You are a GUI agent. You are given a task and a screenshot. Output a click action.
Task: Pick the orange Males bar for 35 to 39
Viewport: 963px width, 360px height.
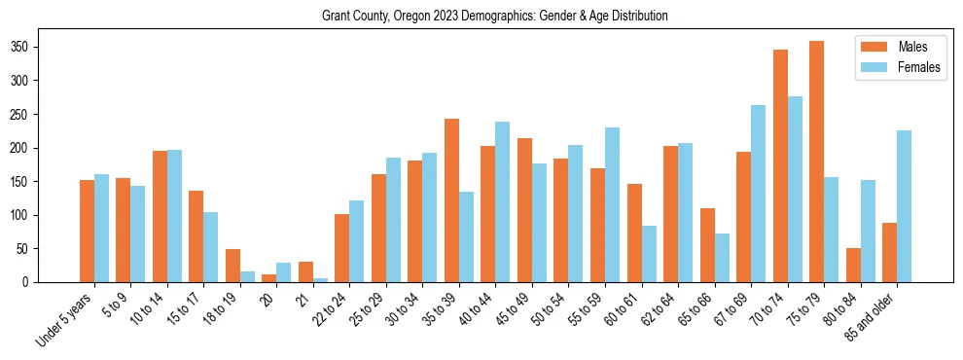point(451,200)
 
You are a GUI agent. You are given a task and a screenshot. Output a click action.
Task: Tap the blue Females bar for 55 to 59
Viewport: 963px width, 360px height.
point(612,204)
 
